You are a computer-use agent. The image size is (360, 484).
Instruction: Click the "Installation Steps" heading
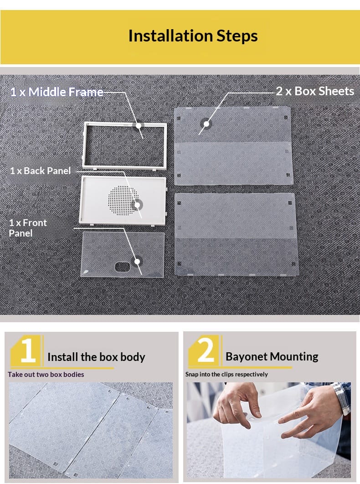point(193,36)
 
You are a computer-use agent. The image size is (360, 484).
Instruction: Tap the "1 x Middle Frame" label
point(57,92)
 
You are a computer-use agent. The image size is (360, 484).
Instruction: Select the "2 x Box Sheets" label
point(315,91)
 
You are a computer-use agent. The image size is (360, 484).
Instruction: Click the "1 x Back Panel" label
point(41,171)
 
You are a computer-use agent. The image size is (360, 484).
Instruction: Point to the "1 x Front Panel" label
point(28,228)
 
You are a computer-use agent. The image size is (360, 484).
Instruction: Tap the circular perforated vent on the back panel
point(123,201)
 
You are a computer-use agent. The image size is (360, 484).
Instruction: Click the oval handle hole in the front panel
point(123,267)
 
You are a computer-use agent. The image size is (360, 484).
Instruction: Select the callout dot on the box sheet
point(206,124)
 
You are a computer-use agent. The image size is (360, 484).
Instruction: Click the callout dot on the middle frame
point(139,125)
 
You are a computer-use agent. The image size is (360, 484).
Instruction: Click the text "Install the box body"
point(96,357)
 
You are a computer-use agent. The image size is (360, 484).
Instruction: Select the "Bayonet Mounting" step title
point(272,356)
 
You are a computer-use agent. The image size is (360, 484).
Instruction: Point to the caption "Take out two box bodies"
point(46,375)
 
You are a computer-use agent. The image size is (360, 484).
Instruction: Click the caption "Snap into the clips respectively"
point(226,375)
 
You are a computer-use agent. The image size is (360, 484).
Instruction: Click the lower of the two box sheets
point(236,234)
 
